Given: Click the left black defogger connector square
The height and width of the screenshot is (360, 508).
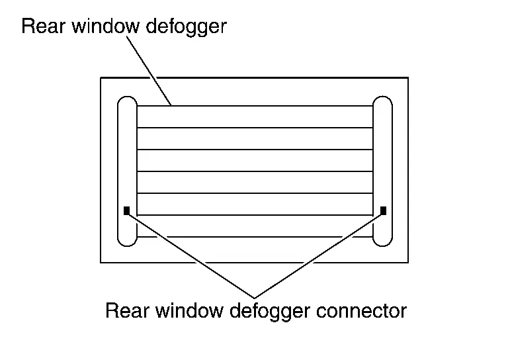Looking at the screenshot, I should tap(126, 211).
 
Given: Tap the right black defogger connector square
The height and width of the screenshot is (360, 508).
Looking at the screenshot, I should tap(384, 211).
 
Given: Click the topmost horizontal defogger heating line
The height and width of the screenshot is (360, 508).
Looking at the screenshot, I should tap(255, 107).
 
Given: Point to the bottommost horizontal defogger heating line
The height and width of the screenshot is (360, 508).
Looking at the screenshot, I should tap(255, 236).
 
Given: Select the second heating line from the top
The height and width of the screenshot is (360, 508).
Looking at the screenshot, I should tap(255, 128).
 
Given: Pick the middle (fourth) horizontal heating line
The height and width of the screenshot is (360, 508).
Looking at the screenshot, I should tap(255, 171).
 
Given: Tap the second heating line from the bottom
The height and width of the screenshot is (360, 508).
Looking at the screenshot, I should tap(255, 214).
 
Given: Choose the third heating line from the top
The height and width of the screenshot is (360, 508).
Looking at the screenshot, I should tap(255, 150).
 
